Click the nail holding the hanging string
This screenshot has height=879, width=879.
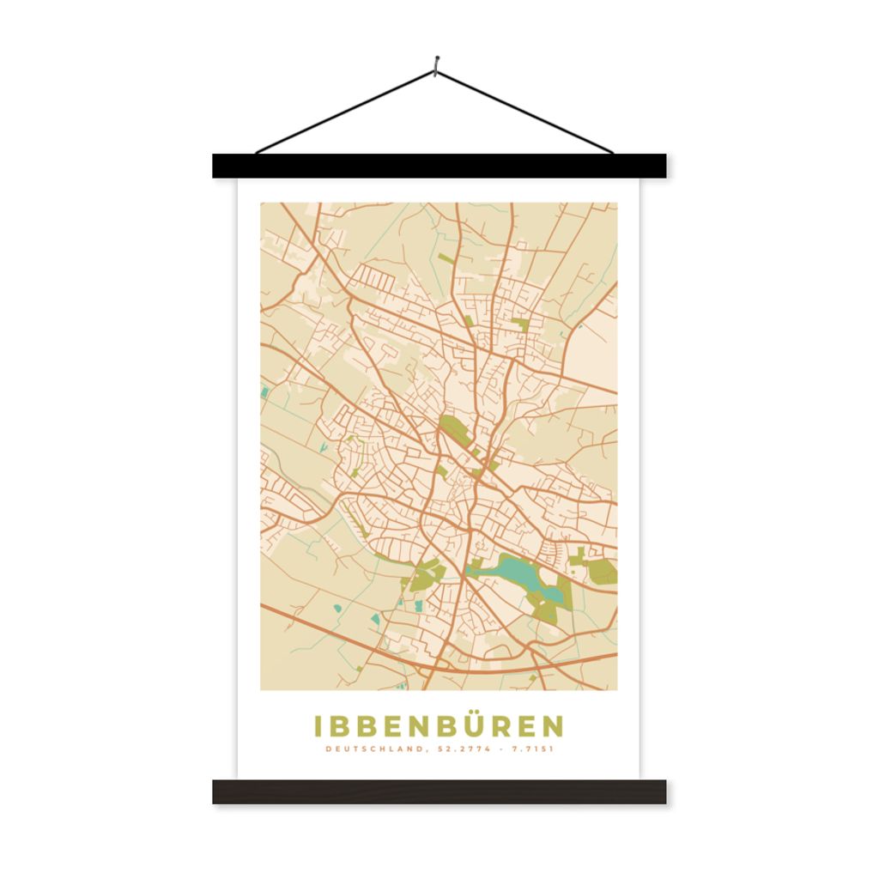point(437,62)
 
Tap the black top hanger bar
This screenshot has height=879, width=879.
point(439,166)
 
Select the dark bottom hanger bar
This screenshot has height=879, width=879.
point(439,791)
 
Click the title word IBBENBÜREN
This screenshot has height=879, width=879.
point(439,726)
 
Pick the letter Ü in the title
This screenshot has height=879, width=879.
point(479,725)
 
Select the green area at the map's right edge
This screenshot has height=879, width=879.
point(603,572)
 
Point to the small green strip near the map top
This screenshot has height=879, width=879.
point(446,258)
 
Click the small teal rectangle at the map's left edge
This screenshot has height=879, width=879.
point(264,393)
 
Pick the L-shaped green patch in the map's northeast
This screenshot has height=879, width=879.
point(521,325)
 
